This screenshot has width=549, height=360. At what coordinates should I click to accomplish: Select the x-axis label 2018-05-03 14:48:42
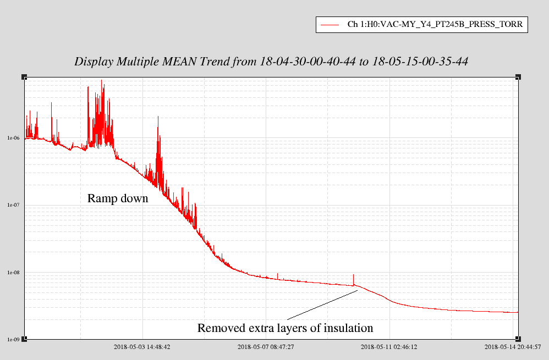click(x=142, y=347)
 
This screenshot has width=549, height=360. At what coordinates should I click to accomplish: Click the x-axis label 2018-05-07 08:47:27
click(x=266, y=347)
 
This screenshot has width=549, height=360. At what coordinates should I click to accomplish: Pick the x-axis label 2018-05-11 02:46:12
click(x=389, y=347)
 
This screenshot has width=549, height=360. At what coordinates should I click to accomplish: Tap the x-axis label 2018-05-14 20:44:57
click(x=512, y=347)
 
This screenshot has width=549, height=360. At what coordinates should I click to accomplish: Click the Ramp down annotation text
click(x=118, y=198)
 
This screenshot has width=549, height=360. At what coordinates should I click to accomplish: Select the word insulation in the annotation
click(x=345, y=329)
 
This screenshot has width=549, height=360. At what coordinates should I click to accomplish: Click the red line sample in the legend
click(x=329, y=25)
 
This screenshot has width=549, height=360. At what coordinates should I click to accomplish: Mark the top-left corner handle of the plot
click(x=24, y=77)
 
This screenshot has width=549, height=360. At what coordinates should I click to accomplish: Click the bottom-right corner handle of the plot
click(x=518, y=340)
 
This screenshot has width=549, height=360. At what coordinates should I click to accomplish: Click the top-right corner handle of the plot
click(x=518, y=77)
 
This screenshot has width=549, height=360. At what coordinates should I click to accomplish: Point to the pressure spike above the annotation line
click(x=353, y=278)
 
